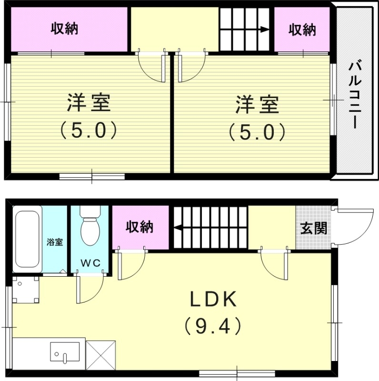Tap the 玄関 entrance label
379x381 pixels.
[313, 228]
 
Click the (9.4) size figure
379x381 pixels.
[213, 326]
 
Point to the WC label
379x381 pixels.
[90, 262]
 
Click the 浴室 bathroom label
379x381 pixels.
[55, 241]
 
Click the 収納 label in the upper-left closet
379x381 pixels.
[65, 29]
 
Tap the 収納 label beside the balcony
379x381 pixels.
[302, 30]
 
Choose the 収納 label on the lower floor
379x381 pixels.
[140, 227]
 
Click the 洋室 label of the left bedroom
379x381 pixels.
[89, 103]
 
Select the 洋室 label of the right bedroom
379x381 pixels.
[257, 105]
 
